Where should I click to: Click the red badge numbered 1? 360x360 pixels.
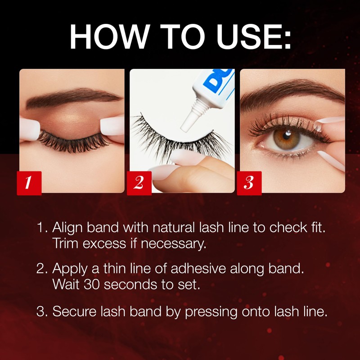tap(29, 183)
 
